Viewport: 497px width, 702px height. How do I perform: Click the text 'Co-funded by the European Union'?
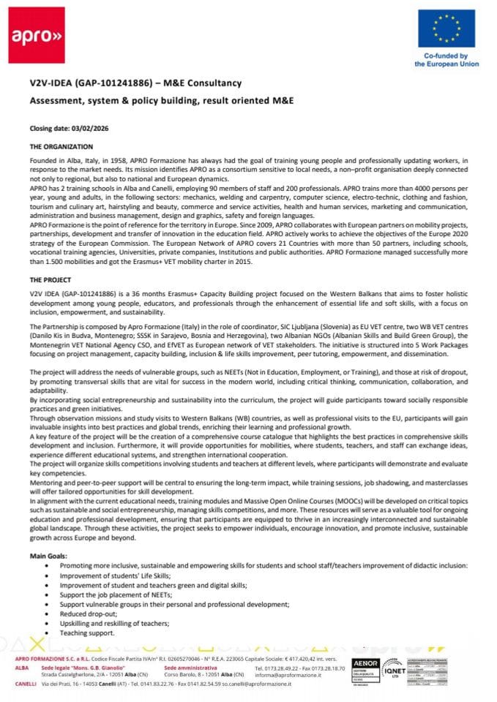coord(446,60)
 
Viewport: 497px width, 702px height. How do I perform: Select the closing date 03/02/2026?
coord(77,128)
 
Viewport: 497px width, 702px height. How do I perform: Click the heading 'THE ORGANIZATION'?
coord(61,147)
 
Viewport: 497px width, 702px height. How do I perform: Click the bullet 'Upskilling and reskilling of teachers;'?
coord(114,623)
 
